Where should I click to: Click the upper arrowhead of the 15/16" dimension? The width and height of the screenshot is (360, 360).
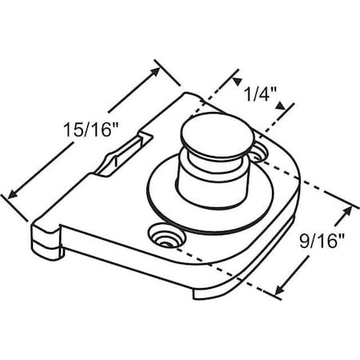pyautogui.click(x=157, y=65)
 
